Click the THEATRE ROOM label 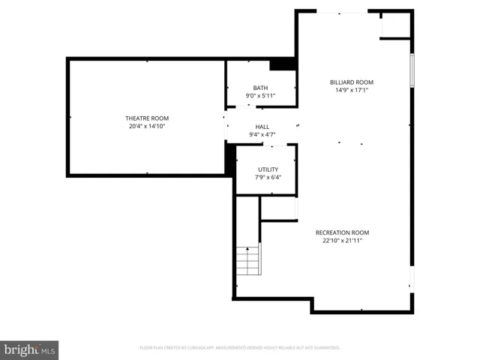(146, 118)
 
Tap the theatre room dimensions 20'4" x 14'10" (146, 126)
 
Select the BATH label (260, 88)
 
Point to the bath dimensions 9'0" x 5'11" (260, 96)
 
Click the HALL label (262, 127)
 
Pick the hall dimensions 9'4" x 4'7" (262, 135)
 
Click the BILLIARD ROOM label (352, 82)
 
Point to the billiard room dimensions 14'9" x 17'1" (352, 91)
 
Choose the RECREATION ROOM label (342, 232)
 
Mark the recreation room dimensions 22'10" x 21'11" (342, 241)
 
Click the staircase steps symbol (248, 259)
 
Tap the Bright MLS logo (29, 349)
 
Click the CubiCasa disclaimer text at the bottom (240, 348)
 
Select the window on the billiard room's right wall (411, 72)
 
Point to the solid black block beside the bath (283, 64)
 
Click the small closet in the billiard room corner (395, 25)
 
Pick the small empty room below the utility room (279, 208)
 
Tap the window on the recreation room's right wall (411, 281)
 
